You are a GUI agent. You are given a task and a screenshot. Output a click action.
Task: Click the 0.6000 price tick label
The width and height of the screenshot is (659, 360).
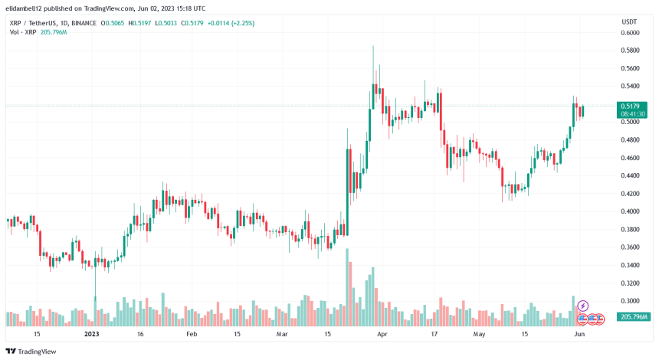click(630, 33)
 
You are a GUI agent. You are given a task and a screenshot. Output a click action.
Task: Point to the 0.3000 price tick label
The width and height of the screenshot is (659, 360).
click(630, 301)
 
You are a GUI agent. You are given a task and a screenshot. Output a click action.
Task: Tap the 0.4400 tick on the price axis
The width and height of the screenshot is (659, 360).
click(630, 175)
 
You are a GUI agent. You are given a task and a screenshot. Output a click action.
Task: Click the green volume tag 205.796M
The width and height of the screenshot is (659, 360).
click(634, 317)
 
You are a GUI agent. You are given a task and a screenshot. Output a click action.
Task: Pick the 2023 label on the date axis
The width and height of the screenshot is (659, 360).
click(92, 335)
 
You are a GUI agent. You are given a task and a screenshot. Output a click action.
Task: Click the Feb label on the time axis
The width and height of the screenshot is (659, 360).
click(192, 335)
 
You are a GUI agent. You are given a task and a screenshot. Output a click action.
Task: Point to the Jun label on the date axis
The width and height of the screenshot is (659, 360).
click(579, 335)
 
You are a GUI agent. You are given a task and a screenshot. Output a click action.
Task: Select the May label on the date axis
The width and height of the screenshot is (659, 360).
click(480, 335)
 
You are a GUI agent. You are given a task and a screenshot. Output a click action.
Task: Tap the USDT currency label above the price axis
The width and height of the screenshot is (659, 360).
click(629, 21)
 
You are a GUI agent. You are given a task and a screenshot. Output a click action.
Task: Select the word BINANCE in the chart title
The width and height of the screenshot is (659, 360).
click(95, 23)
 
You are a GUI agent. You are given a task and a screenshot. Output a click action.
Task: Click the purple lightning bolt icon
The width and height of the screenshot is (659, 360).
click(582, 306)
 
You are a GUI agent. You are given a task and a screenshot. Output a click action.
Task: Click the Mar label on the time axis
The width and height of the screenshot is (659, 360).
click(283, 335)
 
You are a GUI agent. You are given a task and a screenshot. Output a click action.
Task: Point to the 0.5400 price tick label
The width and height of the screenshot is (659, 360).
click(630, 87)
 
